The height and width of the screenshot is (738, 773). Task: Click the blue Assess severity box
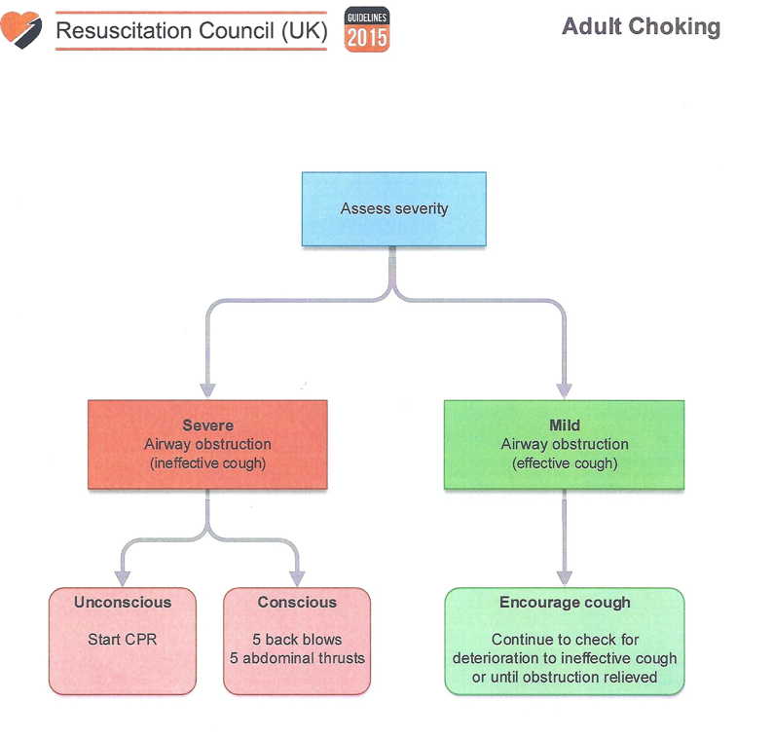click(393, 208)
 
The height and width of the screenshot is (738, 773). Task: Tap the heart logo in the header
click(21, 29)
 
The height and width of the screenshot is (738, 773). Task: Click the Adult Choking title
click(641, 26)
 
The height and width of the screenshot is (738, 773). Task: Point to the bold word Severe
click(206, 425)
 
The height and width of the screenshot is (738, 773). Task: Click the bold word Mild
click(565, 425)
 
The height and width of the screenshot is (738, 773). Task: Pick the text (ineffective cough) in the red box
click(206, 463)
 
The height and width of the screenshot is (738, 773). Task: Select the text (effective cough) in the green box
click(565, 463)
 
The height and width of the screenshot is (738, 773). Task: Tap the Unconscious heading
click(122, 603)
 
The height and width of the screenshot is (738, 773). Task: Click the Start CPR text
click(122, 640)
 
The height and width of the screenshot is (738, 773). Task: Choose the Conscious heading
click(297, 603)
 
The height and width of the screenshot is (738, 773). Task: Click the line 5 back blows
click(297, 640)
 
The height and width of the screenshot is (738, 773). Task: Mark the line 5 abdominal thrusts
click(297, 658)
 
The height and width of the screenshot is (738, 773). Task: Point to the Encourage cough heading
click(565, 603)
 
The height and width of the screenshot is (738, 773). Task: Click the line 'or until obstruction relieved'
click(565, 677)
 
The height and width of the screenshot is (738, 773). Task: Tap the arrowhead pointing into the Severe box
click(206, 388)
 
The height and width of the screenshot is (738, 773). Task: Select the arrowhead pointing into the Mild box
click(565, 388)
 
